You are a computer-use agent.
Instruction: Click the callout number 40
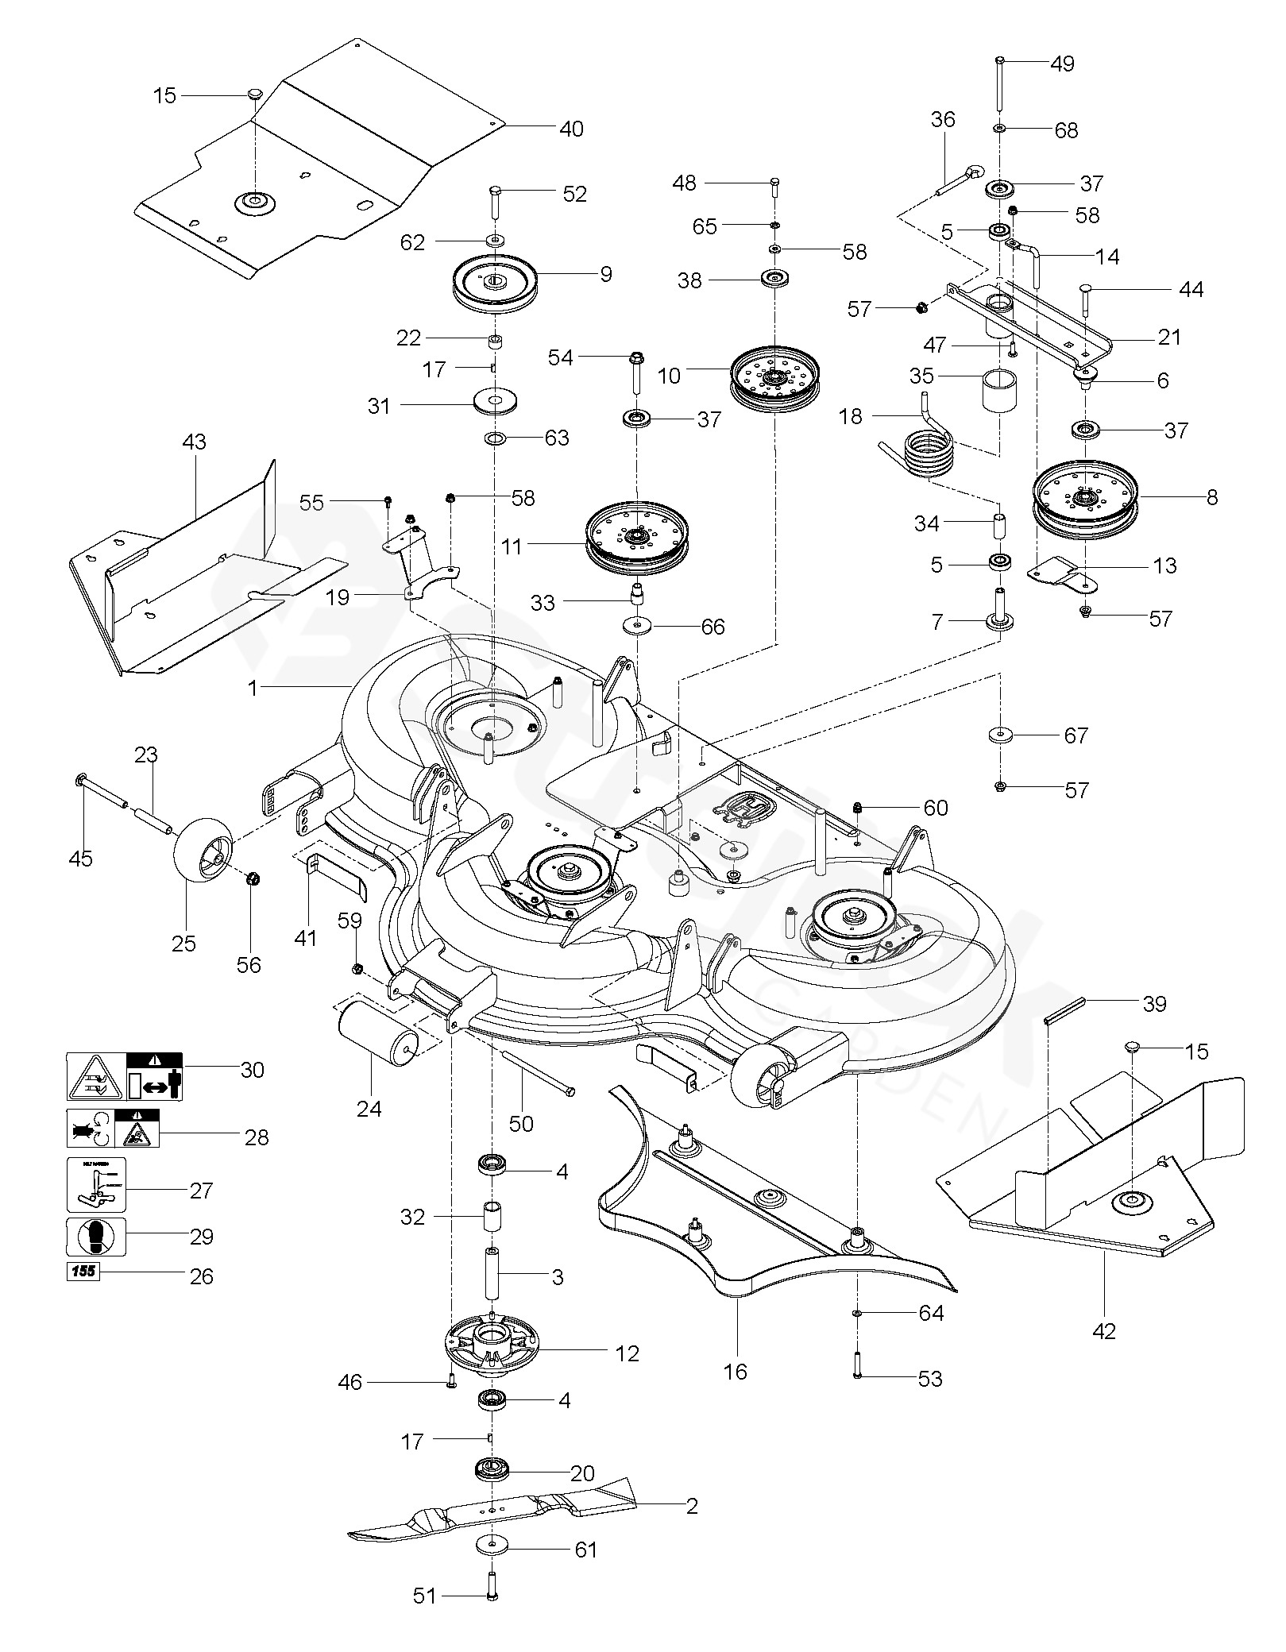click(571, 129)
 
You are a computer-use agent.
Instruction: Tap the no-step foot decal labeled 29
click(96, 1237)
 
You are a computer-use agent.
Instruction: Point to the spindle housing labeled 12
click(493, 1345)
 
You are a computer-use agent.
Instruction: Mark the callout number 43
click(194, 442)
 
